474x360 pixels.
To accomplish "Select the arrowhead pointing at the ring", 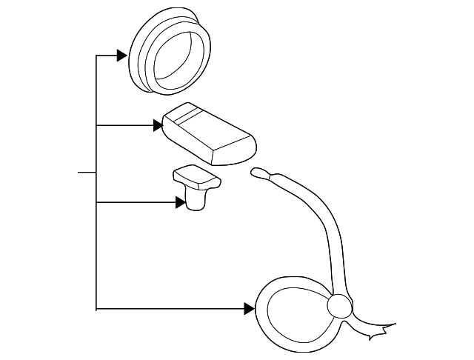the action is point(122,55).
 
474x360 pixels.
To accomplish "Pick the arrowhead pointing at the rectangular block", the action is point(158,126).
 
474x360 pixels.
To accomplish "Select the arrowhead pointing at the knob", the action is point(181,201).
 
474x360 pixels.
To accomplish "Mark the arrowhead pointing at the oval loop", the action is point(250,307).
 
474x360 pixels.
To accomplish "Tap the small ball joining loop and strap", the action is point(338,305).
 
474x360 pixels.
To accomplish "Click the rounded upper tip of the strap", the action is point(258,173).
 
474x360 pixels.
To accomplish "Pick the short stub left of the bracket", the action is point(87,173).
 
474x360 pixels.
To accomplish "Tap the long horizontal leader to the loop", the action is point(170,307).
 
